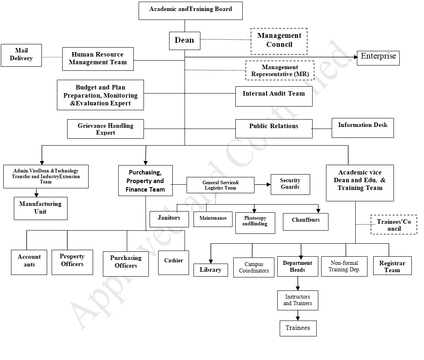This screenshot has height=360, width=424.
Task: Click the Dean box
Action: click(x=185, y=41)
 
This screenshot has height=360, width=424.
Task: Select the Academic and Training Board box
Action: click(x=190, y=11)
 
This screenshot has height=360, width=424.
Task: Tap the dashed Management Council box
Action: click(x=279, y=41)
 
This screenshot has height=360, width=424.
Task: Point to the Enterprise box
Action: click(x=378, y=57)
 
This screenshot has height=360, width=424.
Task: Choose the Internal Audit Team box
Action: click(x=274, y=96)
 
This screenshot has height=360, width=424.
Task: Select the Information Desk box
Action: click(x=363, y=128)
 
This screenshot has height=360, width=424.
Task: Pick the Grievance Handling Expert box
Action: click(x=106, y=129)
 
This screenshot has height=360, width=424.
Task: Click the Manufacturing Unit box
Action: click(x=40, y=208)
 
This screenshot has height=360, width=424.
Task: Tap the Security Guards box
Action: click(x=290, y=184)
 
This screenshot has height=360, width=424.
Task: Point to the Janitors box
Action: click(x=169, y=219)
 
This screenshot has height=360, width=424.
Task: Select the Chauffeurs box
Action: click(x=305, y=222)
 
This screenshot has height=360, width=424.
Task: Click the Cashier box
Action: click(x=174, y=263)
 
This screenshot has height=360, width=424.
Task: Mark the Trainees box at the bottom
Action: click(x=298, y=328)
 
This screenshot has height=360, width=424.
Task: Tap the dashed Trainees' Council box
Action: click(x=394, y=225)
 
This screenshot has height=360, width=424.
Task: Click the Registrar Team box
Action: click(x=392, y=266)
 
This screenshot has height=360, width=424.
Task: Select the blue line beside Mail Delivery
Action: click(x=52, y=57)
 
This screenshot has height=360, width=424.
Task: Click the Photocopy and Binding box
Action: click(x=255, y=223)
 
